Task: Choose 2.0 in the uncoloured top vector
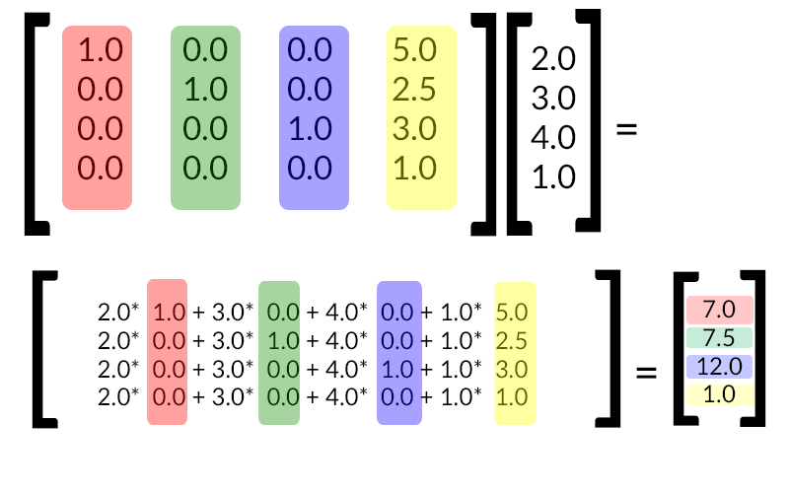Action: [x=552, y=59]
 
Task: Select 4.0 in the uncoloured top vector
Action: [x=552, y=138]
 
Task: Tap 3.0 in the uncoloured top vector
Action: [x=552, y=99]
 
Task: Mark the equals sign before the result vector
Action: [x=646, y=373]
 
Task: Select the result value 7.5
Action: [x=719, y=339]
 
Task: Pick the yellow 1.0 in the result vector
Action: [x=719, y=395]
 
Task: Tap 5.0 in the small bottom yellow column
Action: [x=514, y=314]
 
